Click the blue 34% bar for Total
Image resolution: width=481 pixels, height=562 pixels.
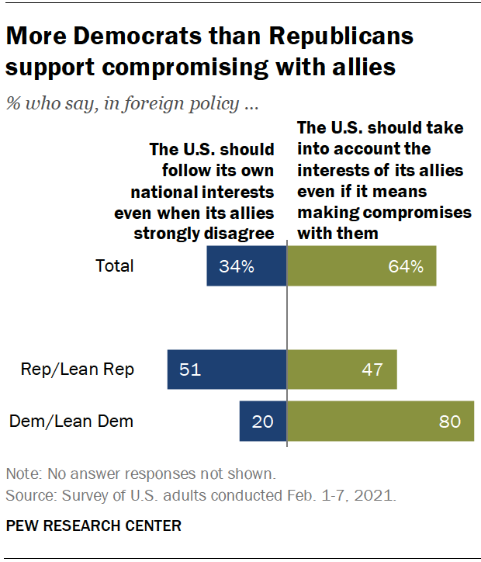(247, 266)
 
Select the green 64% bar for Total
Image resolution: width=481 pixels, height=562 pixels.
(362, 266)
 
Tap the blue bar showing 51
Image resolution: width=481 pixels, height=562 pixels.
(227, 369)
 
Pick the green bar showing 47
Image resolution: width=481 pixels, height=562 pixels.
(342, 369)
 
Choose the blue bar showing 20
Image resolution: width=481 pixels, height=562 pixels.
(263, 421)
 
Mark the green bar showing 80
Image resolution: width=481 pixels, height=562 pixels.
(380, 421)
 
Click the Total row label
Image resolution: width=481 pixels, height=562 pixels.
(115, 266)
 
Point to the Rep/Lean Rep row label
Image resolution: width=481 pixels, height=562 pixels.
(77, 369)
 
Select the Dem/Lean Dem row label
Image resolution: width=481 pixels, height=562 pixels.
(71, 421)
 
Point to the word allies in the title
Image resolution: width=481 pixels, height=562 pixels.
(360, 67)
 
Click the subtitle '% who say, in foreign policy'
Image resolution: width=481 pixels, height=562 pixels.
(132, 104)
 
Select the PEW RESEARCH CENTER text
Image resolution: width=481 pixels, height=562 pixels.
(94, 526)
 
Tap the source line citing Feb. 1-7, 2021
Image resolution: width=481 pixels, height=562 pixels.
(200, 494)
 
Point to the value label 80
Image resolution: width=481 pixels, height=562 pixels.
(450, 421)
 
